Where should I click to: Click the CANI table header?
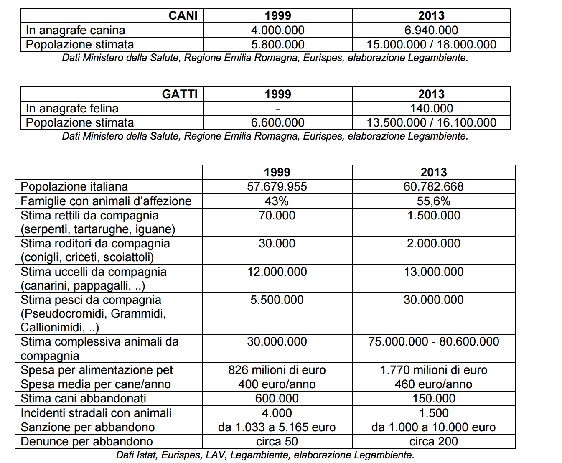(183, 16)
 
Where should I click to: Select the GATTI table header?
(180, 94)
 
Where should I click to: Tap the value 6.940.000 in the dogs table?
(431, 30)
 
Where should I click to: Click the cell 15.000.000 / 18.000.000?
(431, 44)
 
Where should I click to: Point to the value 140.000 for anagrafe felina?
(431, 108)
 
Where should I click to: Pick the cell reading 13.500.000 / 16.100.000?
(431, 122)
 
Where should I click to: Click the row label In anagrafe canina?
(75, 30)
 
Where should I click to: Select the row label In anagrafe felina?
(72, 108)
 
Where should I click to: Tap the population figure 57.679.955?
(277, 186)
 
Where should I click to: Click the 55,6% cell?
(433, 201)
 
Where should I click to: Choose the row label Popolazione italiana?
(74, 186)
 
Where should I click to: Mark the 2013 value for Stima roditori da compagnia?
(433, 243)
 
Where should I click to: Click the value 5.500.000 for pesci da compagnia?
(277, 300)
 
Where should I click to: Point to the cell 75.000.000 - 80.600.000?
(433, 341)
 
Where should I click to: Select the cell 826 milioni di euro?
(277, 370)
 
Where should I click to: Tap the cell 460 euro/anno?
(433, 384)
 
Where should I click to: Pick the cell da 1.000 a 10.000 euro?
(433, 427)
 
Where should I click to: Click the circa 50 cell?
(277, 441)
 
